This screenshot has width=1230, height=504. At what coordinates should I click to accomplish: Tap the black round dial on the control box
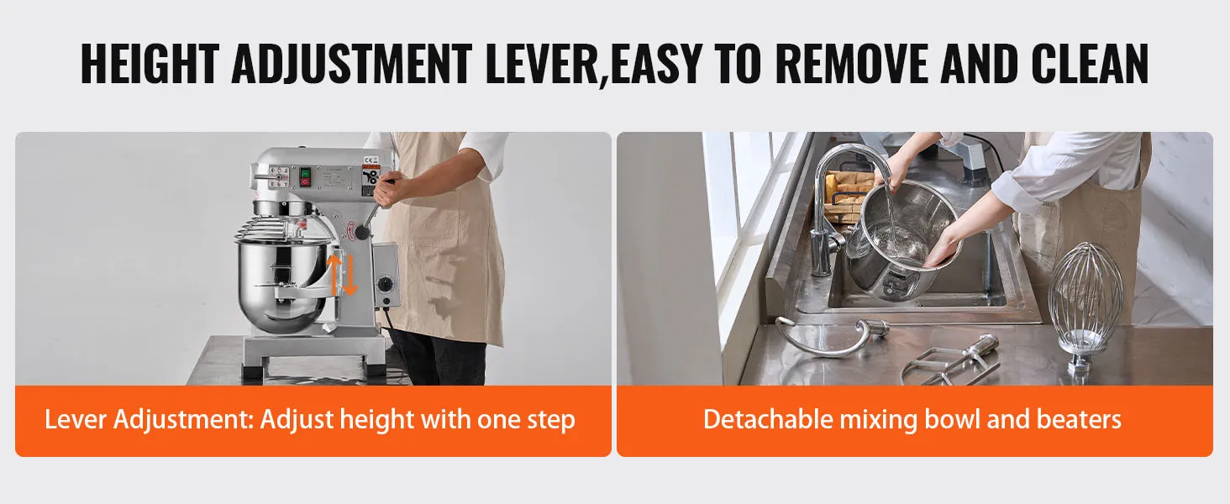pyautogui.click(x=386, y=285)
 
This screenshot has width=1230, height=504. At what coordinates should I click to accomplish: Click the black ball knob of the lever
pyautogui.click(x=362, y=232)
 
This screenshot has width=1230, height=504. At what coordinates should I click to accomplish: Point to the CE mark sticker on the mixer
pyautogui.click(x=371, y=160)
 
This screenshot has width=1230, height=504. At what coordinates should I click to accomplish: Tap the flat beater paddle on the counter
pyautogui.click(x=950, y=360)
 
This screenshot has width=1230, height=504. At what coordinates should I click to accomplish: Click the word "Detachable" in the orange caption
pyautogui.click(x=768, y=419)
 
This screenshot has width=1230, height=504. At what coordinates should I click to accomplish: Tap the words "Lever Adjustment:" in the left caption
pyautogui.click(x=149, y=421)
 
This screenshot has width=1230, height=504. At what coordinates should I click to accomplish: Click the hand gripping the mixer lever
pyautogui.click(x=390, y=188)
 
